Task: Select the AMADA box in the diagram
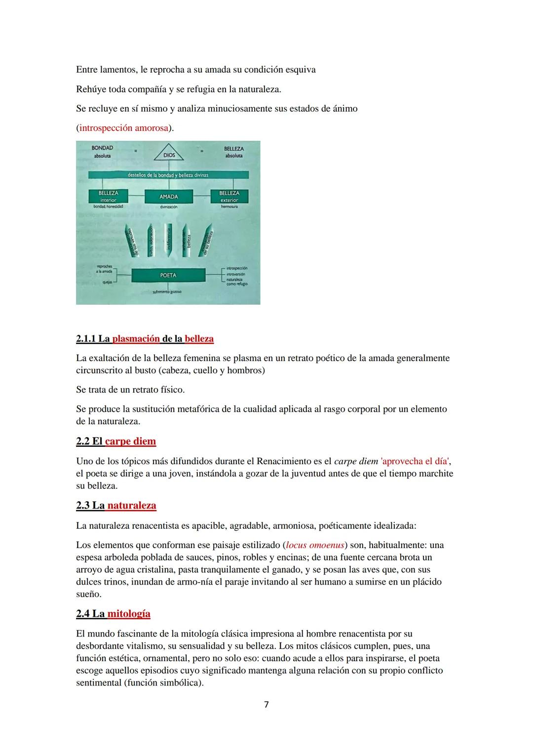[x=168, y=197]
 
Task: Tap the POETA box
[x=168, y=275]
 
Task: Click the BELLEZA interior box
[x=108, y=197]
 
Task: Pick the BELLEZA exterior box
[x=229, y=197]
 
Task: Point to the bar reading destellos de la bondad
[x=168, y=175]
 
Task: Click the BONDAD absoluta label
[x=102, y=152]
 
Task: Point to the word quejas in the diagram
[x=107, y=282]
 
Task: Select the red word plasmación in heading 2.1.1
[x=136, y=339]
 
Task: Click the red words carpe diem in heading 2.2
[x=130, y=441]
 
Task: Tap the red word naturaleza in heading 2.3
[x=131, y=506]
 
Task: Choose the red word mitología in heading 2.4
[x=128, y=614]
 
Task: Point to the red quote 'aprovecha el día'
[x=415, y=461]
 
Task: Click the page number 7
[x=266, y=705]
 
